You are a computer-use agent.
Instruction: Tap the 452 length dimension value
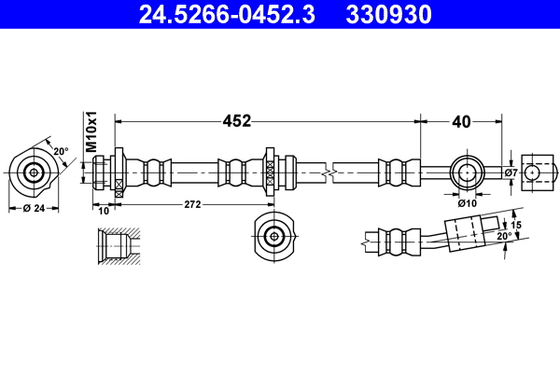tap(235, 120)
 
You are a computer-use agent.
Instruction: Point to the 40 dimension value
tap(461, 120)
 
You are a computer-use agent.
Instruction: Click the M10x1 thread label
tap(91, 133)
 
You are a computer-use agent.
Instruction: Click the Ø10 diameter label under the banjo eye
tap(467, 201)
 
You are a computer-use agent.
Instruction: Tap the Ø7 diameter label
tap(511, 173)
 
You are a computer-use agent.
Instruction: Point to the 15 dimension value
tap(516, 224)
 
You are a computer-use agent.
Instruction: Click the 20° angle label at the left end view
tap(60, 151)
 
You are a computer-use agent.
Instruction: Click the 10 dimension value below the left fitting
tap(102, 211)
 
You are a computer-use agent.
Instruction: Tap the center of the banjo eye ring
tap(466, 173)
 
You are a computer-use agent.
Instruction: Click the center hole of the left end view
tap(35, 173)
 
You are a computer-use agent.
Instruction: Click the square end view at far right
tap(535, 173)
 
